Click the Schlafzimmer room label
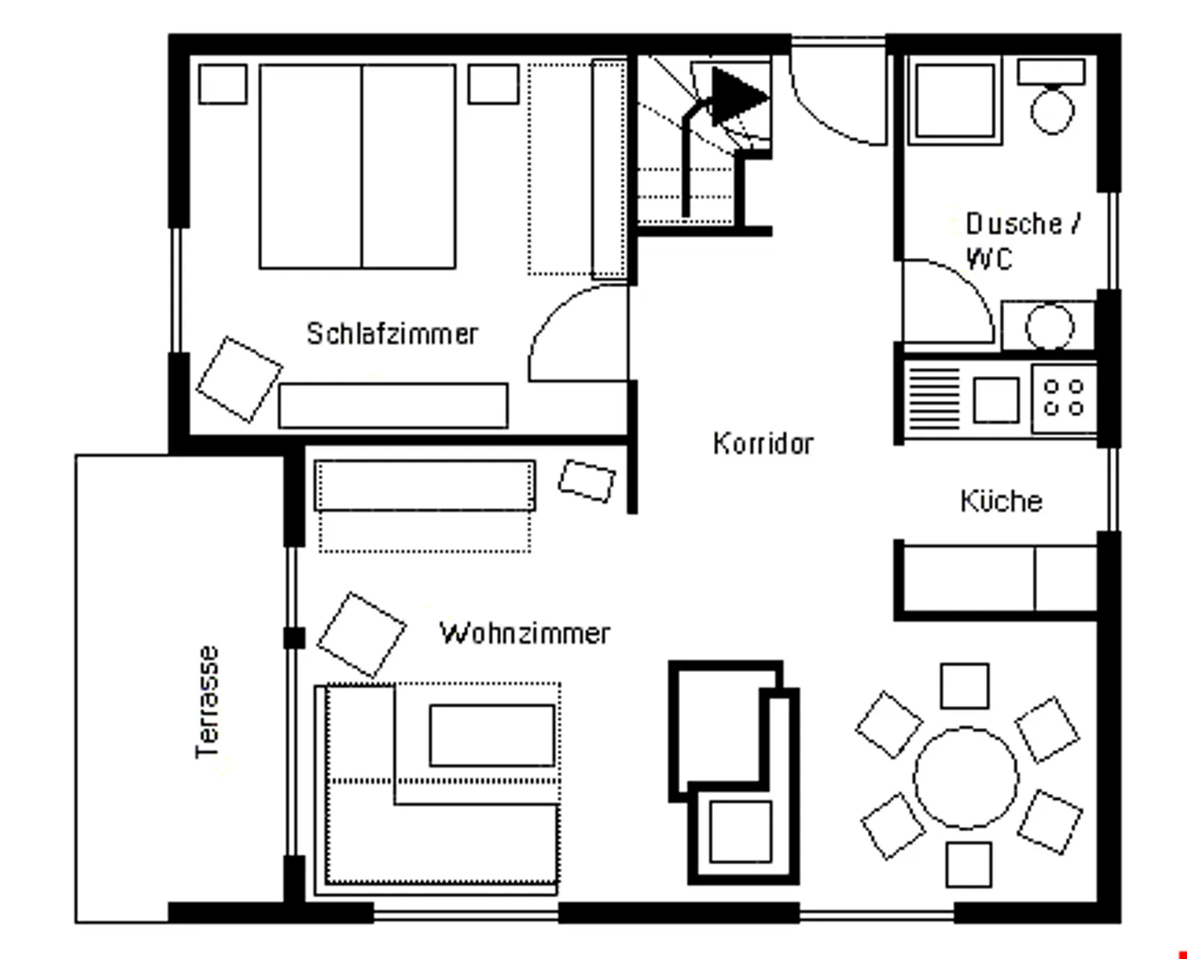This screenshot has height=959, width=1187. (x=392, y=333)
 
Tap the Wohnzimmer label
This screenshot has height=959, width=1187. (x=524, y=633)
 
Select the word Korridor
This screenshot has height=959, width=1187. (x=762, y=444)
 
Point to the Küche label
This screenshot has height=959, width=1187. (x=1001, y=501)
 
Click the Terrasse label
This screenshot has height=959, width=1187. (x=208, y=701)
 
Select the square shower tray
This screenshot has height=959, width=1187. (x=954, y=100)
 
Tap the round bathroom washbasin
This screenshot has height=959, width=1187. (x=1049, y=327)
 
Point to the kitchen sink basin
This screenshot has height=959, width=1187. (x=996, y=400)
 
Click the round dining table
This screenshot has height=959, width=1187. (x=965, y=777)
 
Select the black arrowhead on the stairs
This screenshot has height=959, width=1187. (x=737, y=96)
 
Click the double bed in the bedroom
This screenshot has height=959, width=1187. (x=358, y=166)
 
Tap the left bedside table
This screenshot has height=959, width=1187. (x=223, y=84)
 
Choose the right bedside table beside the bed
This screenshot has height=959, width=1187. (x=494, y=84)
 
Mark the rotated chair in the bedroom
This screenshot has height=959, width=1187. (x=239, y=378)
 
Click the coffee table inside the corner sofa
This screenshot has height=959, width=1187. (x=492, y=735)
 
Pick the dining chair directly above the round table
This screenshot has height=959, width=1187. (x=964, y=685)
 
